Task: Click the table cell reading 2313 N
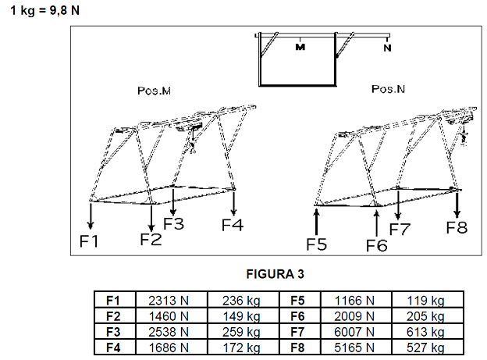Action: [x=169, y=301]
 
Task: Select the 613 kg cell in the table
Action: [x=425, y=332]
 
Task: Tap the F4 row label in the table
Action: [x=113, y=348]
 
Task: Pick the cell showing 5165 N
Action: [x=354, y=348]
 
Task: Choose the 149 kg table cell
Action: [x=241, y=316]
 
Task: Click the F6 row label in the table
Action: [x=297, y=316]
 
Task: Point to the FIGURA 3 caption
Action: [x=275, y=274]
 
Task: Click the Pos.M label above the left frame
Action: [x=154, y=91]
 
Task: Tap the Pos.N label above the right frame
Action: [x=388, y=89]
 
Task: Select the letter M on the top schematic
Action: [x=300, y=47]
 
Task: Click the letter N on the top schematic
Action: [x=387, y=48]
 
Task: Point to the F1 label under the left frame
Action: [x=89, y=241]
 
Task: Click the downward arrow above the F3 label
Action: [x=173, y=202]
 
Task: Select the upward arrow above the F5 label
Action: [x=316, y=222]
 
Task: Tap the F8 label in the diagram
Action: [x=457, y=227]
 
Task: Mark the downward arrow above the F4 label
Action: [x=233, y=203]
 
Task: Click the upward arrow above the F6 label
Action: [x=376, y=224]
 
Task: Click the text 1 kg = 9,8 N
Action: [x=45, y=11]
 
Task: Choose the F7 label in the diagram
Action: [x=400, y=230]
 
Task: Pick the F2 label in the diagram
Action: [x=151, y=240]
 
